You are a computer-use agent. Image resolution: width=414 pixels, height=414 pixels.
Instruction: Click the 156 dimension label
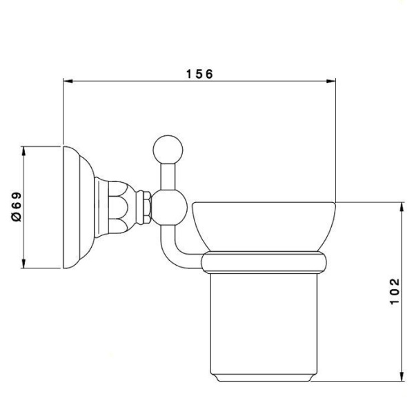(199, 75)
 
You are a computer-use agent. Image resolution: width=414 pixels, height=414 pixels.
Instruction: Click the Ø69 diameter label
(17, 207)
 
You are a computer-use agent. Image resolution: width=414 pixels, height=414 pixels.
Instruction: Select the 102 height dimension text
(395, 291)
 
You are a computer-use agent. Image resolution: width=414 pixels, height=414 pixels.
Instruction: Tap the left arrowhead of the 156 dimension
(68, 81)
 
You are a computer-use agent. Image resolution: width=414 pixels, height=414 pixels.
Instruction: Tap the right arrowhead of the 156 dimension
(331, 81)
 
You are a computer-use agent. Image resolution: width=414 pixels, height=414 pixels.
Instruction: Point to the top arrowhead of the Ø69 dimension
(23, 151)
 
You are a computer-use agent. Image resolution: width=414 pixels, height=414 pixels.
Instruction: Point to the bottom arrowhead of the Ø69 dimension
(23, 264)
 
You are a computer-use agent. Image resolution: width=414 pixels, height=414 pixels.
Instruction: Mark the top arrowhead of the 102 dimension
(402, 207)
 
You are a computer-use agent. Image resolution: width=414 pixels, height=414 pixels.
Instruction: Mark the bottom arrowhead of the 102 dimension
(402, 376)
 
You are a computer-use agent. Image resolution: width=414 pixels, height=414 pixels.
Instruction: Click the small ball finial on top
(168, 150)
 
